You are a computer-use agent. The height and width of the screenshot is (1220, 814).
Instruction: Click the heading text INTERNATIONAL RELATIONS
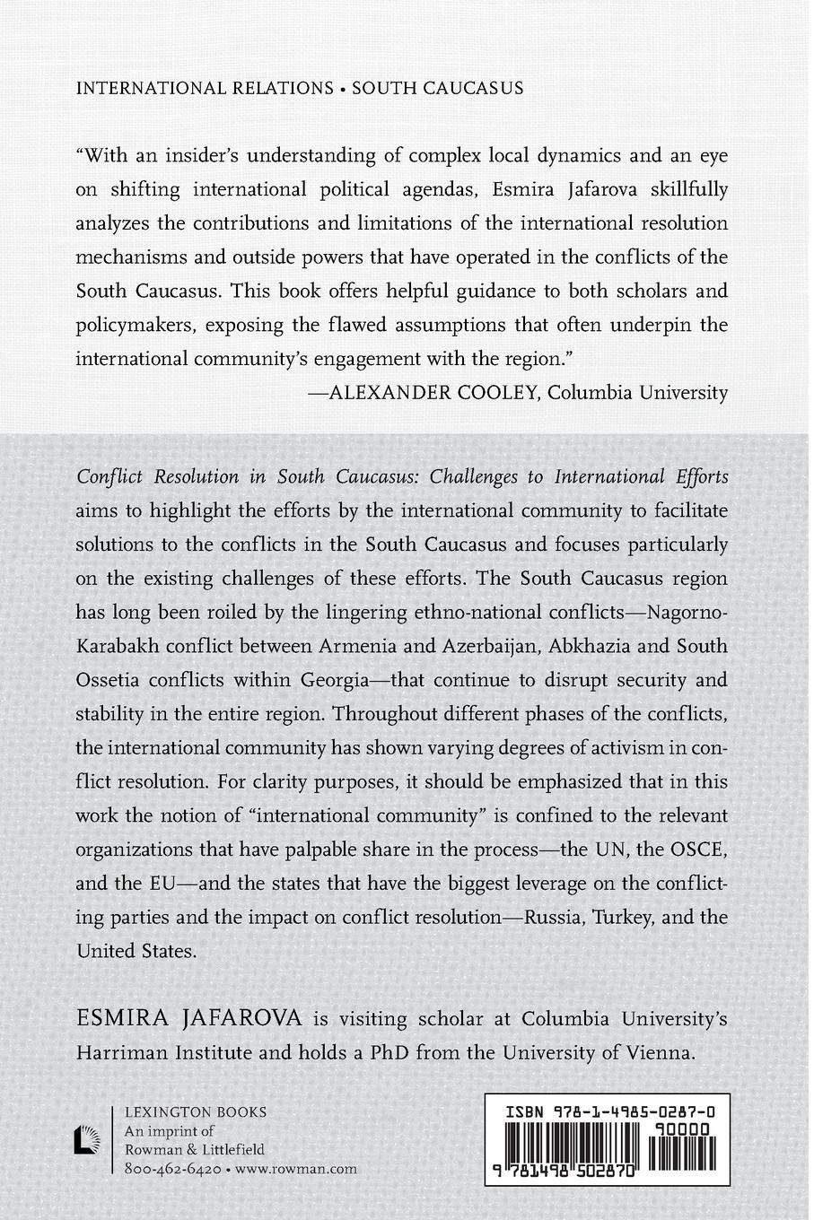205,88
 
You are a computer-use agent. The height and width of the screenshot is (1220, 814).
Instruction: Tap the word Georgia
319,680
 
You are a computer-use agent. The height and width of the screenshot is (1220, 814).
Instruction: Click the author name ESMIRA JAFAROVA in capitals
190,1019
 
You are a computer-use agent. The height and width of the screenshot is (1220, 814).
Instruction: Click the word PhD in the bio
391,1053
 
